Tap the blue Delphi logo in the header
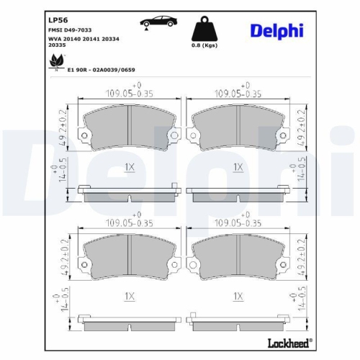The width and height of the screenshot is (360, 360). tap(277, 30)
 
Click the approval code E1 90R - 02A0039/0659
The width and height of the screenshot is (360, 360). tap(101, 71)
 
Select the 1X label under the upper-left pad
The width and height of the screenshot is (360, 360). tap(130, 167)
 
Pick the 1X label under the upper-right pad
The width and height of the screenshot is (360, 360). tap(238, 167)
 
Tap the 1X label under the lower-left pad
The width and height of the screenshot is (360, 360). tap(130, 296)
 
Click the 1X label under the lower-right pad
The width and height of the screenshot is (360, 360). tap(238, 296)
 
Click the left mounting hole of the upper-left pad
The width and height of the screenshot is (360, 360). tap(85, 137)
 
